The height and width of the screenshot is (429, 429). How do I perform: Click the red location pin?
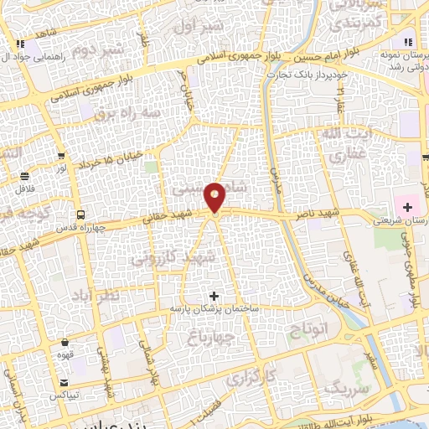(x=215, y=197)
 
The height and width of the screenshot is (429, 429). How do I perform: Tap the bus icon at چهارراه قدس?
(x=80, y=214)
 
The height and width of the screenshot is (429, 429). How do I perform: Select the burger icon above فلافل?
(x=25, y=176)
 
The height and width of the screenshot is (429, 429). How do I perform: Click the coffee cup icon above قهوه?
(x=65, y=342)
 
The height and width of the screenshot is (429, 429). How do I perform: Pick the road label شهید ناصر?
(x=315, y=215)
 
